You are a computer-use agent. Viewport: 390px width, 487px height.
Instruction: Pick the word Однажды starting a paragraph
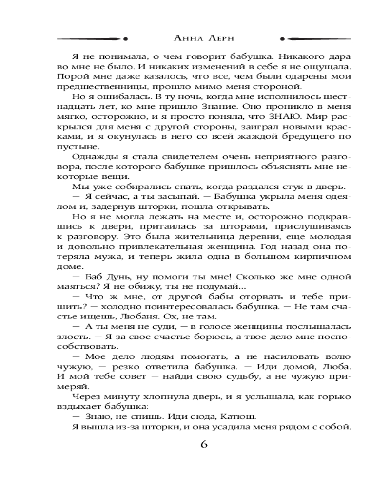(x=92, y=157)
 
